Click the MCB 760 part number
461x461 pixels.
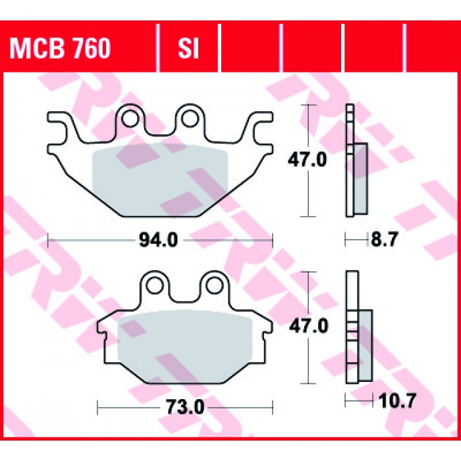(60, 48)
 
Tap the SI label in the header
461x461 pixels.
(188, 48)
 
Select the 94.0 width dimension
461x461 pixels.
(159, 240)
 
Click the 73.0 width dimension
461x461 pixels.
(185, 407)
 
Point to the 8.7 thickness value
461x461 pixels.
(384, 240)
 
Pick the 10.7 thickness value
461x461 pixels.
(397, 401)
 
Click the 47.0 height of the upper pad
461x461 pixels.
(308, 160)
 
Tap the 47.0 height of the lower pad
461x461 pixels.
(308, 327)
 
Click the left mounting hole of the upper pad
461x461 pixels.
(130, 119)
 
